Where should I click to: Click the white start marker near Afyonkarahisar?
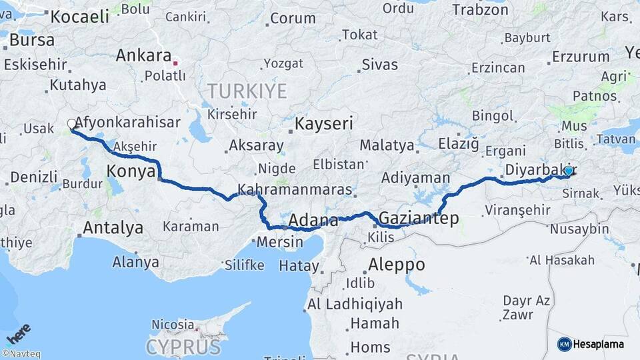[x=71, y=124]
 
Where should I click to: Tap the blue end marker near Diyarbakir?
[x=568, y=171]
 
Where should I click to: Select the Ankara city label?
[x=143, y=55]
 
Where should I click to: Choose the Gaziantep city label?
[x=419, y=217]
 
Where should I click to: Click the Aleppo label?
[x=396, y=264]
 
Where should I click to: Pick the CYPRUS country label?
[x=183, y=347]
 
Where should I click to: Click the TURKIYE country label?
[x=247, y=91]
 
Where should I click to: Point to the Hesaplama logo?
[x=591, y=344]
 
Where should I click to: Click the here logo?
[x=18, y=333]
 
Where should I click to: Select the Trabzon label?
[x=480, y=10]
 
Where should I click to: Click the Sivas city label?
[x=379, y=65]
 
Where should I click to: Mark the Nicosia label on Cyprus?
[x=172, y=324]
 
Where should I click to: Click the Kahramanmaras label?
[x=294, y=190]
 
